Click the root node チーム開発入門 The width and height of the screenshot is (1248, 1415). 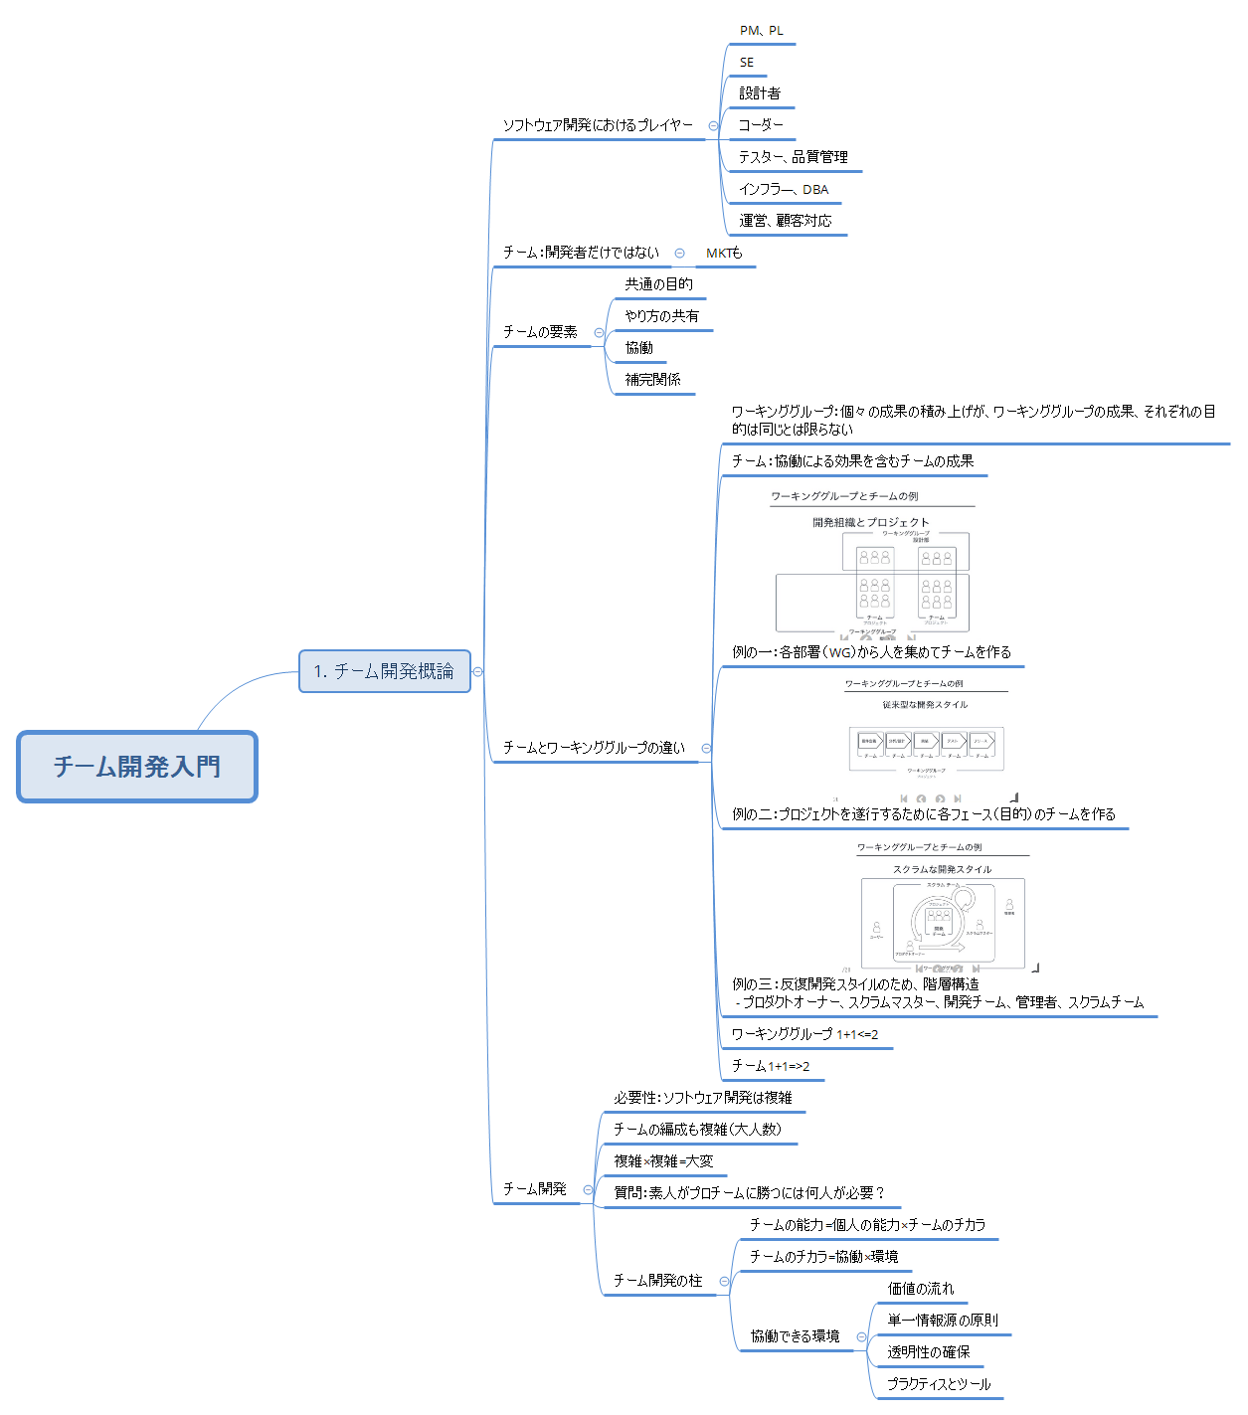pos(137,767)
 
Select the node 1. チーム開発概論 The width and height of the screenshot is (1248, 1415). pos(384,671)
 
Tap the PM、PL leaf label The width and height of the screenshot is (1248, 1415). pos(761,31)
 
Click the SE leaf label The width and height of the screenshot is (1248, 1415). pos(747,63)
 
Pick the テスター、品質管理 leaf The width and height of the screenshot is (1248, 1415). pos(793,157)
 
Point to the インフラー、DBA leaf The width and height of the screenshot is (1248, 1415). pos(784,189)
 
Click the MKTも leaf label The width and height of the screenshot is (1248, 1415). pos(724,254)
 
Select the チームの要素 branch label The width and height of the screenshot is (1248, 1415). pos(540,332)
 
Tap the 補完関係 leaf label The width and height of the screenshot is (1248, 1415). pos(653,380)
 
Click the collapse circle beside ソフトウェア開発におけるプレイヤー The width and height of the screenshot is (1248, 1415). pos(713,125)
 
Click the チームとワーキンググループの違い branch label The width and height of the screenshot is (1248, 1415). pos(594,748)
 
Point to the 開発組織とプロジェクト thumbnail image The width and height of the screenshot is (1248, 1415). pos(872,578)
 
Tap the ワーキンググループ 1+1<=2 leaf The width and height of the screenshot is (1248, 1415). pos(804,1034)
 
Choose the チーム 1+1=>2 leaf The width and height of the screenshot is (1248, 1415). pos(771,1066)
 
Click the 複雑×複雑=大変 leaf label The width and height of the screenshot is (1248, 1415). pos(663,1161)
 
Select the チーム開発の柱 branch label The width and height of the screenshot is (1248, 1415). pos(657,1281)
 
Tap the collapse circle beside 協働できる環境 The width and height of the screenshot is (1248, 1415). pos(861,1336)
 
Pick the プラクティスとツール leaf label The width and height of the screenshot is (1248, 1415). pos(939,1384)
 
